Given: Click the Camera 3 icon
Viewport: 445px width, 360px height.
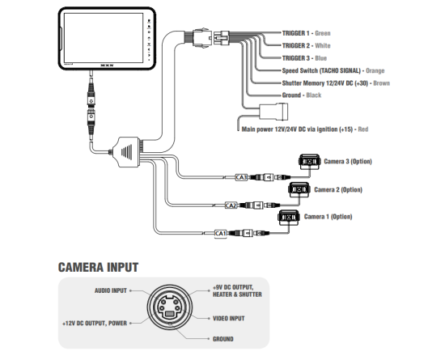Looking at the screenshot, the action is pos(309,162).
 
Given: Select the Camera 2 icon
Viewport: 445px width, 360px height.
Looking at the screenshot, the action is pos(299,189).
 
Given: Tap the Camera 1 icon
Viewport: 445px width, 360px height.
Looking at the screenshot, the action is pos(289,218).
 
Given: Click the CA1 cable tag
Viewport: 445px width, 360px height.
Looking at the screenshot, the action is pos(221,234).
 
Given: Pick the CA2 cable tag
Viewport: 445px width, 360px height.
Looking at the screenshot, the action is pos(231,205).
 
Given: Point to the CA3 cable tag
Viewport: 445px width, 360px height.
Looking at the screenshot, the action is pos(241,178).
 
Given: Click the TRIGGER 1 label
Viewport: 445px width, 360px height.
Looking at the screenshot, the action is pos(295,33).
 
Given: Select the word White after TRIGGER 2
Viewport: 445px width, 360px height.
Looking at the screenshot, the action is pos(323,45).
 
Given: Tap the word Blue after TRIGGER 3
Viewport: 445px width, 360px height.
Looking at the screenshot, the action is pos(321,58).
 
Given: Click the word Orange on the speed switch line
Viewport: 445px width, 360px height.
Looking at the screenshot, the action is pos(375,70).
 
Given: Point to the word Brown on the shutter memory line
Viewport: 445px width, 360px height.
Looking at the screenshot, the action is pos(381,83).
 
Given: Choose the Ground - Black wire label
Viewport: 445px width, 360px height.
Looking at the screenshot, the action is pos(302,95).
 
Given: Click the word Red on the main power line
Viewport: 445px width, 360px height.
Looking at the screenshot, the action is pos(363,129).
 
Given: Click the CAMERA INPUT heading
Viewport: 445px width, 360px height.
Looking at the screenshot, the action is pos(98,267).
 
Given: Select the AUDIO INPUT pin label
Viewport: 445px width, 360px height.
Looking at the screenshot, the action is pos(111,290).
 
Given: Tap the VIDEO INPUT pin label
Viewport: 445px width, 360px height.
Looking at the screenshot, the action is pos(229,319).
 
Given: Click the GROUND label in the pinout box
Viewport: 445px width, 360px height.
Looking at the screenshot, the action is pos(223,339).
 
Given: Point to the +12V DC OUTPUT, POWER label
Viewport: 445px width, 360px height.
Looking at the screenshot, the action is pos(95,324).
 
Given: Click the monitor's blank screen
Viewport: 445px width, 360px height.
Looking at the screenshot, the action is pos(104,38).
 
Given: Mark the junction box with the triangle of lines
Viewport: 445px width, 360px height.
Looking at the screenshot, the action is pos(125,152).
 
